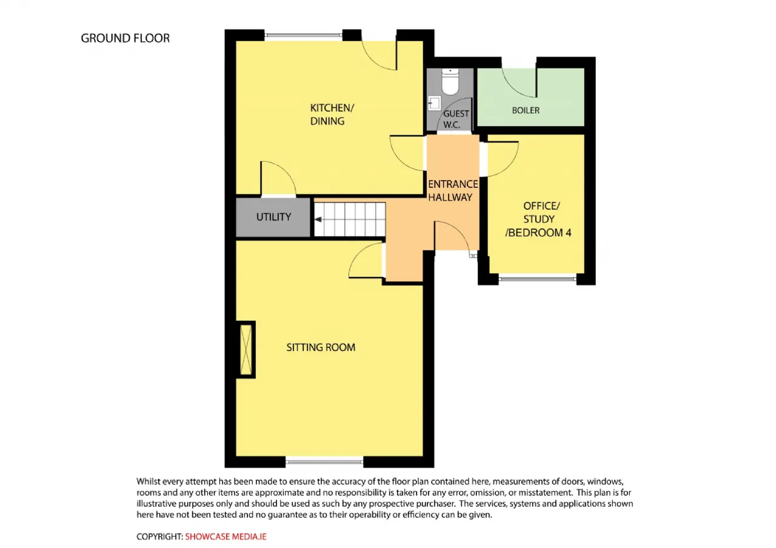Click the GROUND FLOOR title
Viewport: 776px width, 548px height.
pos(125,38)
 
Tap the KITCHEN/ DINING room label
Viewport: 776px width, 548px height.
pos(332,115)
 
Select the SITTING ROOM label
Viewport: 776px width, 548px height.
pos(321,347)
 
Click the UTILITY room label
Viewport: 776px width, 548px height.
pos(273,217)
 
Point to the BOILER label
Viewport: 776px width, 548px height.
pos(525,110)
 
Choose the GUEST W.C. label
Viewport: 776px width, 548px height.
pos(456,119)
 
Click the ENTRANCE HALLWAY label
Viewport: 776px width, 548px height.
pos(453,190)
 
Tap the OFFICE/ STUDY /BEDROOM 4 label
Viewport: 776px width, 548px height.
pos(538,219)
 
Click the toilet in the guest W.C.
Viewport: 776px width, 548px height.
pos(450,81)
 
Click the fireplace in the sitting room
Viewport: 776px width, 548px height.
pos(246,350)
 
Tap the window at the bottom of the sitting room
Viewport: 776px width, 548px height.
pos(324,462)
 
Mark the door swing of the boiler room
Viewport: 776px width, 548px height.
pos(518,85)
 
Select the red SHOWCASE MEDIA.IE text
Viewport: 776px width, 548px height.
pos(226,536)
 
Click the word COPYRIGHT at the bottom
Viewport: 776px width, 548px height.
pos(159,536)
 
